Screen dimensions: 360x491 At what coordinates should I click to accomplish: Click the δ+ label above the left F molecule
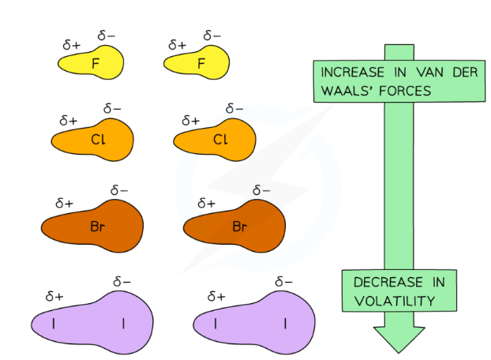[x=70, y=44]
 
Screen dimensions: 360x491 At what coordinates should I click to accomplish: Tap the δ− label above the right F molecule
[x=212, y=36]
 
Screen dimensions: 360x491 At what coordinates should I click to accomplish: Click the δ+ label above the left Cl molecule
[x=68, y=121]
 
